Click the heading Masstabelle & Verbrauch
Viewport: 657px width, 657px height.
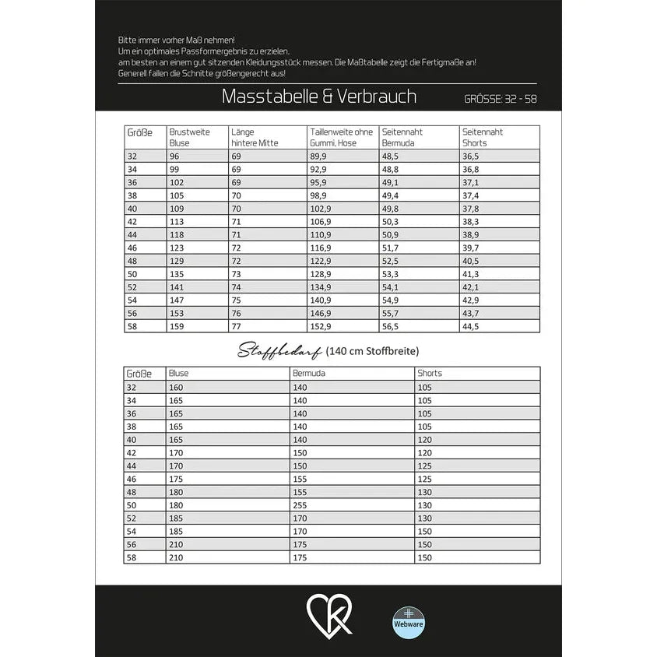point(318,97)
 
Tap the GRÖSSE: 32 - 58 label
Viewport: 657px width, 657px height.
point(500,99)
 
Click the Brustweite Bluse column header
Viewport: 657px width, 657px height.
point(189,137)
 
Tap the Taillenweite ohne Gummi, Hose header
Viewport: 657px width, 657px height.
point(341,137)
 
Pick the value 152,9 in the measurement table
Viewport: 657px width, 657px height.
point(321,327)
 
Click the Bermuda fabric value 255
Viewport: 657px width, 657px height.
point(300,504)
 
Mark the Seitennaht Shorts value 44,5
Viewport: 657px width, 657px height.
point(471,327)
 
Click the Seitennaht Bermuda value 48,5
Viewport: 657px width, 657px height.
point(391,156)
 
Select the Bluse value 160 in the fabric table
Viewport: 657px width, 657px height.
point(176,387)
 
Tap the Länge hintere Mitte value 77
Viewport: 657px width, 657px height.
point(236,327)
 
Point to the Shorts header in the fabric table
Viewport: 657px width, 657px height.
point(429,374)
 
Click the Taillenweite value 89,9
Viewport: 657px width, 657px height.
point(319,156)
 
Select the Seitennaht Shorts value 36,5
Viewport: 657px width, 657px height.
point(471,156)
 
